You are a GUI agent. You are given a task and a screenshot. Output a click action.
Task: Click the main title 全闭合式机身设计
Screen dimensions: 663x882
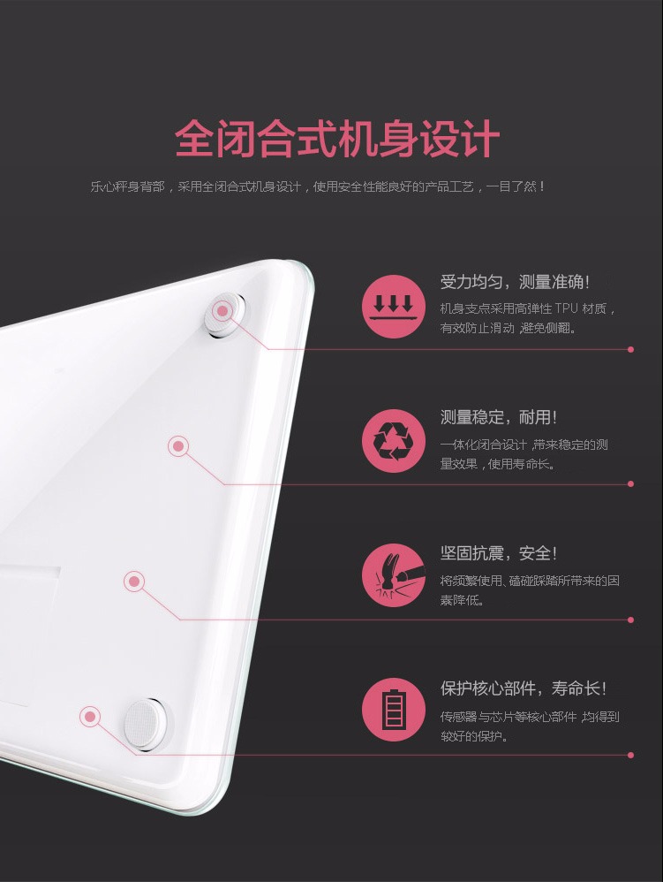coord(337,138)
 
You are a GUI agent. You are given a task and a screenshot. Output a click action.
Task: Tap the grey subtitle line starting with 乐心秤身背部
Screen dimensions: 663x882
coord(318,186)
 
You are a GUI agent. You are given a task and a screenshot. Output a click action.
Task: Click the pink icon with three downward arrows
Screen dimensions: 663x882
coord(394,306)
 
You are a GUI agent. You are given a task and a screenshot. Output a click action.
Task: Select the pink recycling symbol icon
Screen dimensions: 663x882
coord(394,440)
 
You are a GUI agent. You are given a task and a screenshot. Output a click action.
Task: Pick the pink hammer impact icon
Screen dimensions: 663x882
coord(394,574)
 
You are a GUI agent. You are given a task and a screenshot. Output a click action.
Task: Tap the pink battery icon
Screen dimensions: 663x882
coord(394,710)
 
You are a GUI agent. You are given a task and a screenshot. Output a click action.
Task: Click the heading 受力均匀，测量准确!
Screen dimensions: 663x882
coord(515,282)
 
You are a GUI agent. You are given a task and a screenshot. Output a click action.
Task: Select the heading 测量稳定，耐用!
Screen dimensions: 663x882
coord(499,417)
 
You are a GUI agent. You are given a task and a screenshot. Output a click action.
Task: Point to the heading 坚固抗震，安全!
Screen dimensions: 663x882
coord(499,553)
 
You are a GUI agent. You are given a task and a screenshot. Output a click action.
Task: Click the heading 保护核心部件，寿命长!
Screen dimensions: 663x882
coord(524,688)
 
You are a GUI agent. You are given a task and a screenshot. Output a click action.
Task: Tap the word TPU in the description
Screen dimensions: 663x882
coord(567,308)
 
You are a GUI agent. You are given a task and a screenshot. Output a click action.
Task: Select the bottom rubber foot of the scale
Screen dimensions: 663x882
coord(146,725)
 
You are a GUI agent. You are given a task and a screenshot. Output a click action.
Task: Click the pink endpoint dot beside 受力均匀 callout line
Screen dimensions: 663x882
coord(630,349)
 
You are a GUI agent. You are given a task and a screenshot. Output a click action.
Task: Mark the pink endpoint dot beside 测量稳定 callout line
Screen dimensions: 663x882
coord(630,483)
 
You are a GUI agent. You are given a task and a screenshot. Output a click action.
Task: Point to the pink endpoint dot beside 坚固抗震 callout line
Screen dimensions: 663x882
coord(630,620)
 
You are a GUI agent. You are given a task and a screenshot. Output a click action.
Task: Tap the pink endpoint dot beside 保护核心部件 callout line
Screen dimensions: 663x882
coord(630,755)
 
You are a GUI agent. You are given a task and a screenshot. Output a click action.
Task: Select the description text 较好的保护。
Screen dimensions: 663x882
coord(475,736)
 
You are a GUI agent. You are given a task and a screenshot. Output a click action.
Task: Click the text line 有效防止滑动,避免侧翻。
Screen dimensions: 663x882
coord(508,328)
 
